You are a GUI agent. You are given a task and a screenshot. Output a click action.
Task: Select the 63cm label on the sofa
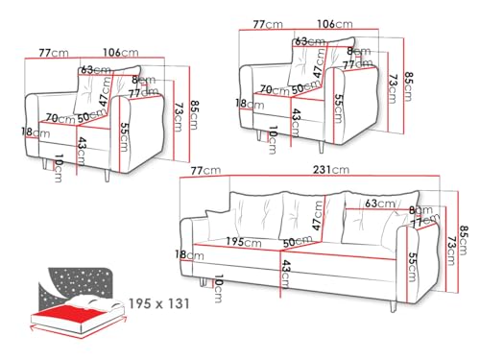click(380, 204)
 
